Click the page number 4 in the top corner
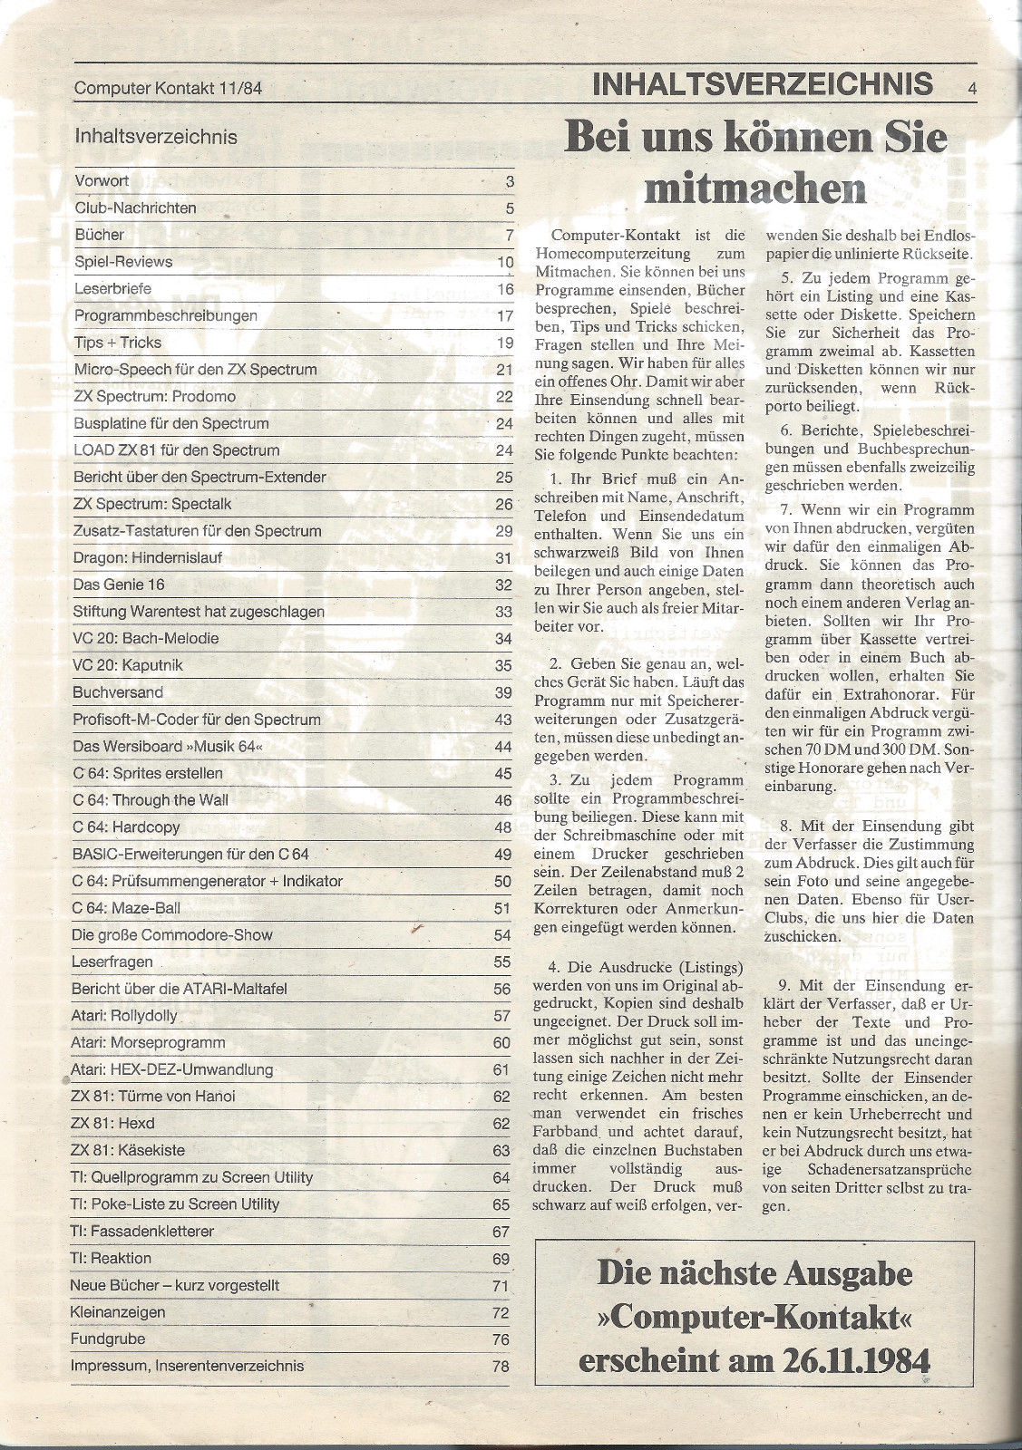tap(971, 88)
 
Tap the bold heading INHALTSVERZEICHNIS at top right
tap(761, 84)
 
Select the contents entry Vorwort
tap(102, 180)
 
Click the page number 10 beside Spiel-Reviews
tap(505, 263)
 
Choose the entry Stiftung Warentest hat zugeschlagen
tap(198, 612)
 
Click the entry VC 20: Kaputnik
tap(127, 665)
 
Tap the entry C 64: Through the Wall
tap(150, 800)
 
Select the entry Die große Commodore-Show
tap(171, 934)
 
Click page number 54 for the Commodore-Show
tap(502, 936)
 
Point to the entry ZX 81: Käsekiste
tap(127, 1150)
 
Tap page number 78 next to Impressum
tap(501, 1367)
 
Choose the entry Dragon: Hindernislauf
tap(147, 557)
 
